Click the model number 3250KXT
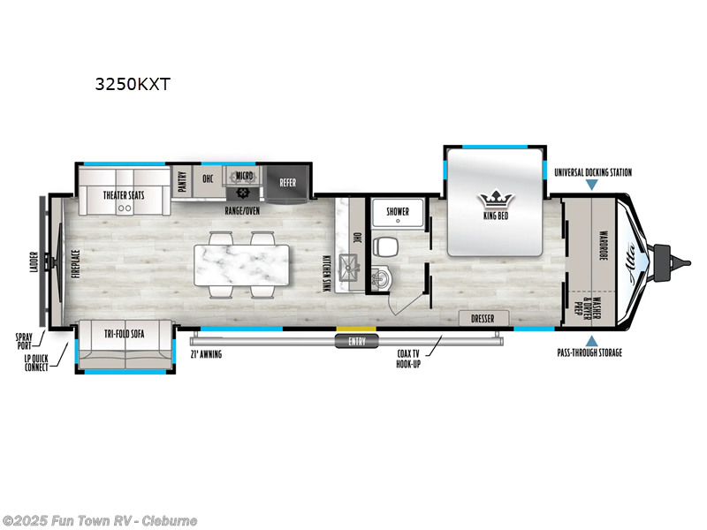pyautogui.click(x=133, y=86)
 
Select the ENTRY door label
pyautogui.click(x=357, y=342)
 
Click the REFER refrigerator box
pyautogui.click(x=288, y=183)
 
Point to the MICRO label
pyautogui.click(x=244, y=177)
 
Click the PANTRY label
pyautogui.click(x=182, y=179)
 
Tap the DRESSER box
pyautogui.click(x=483, y=318)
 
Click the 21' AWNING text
pyautogui.click(x=206, y=354)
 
